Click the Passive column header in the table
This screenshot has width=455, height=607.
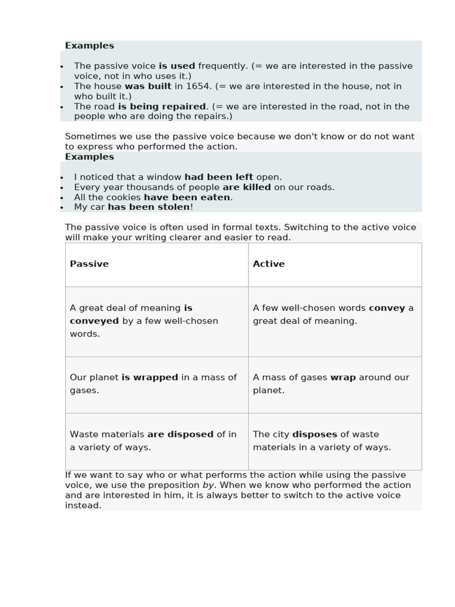tap(89, 264)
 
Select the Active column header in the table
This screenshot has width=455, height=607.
tap(268, 264)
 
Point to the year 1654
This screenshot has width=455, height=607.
tap(198, 87)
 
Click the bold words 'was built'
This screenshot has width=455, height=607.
tap(148, 87)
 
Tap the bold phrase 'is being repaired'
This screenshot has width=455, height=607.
tap(161, 107)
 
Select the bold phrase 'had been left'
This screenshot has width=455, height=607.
tap(219, 177)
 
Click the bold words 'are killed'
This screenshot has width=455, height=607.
tap(246, 187)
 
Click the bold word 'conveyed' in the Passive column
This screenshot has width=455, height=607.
tap(94, 321)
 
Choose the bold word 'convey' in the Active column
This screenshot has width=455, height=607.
tap(387, 308)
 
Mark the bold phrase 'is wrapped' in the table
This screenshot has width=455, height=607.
tap(149, 378)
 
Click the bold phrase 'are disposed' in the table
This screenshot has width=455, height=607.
tap(180, 435)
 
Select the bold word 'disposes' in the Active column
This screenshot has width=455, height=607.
tap(315, 435)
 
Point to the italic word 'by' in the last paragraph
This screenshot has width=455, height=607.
tap(208, 485)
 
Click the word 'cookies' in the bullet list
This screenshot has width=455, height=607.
tap(124, 197)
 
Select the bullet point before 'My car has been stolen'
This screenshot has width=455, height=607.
tap(62, 208)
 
